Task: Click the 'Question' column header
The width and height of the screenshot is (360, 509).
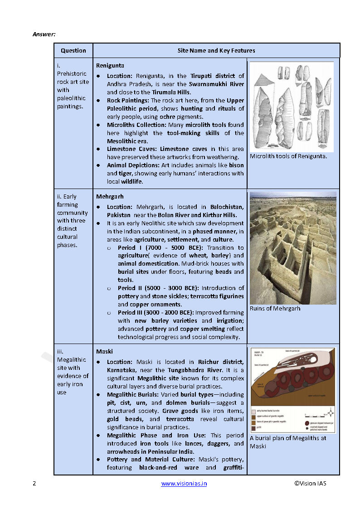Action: [73, 50]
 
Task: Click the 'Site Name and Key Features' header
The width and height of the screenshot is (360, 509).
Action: [216, 50]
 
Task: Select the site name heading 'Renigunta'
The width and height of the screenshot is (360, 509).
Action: [110, 65]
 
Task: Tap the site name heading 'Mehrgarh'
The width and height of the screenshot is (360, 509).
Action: [110, 197]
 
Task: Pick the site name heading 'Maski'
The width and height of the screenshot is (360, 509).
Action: [104, 351]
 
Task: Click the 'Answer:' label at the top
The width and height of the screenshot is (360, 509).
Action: [44, 34]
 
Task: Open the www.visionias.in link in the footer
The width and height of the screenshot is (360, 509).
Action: [184, 483]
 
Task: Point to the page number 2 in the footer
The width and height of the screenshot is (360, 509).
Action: [34, 483]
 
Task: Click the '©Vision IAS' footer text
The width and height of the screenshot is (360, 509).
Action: [310, 483]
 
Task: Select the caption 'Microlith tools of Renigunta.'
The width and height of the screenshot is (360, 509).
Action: [288, 156]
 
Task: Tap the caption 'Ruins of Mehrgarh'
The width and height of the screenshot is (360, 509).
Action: [275, 309]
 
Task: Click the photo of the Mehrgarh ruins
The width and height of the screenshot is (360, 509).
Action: [293, 248]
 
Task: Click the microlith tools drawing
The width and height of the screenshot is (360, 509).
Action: [292, 107]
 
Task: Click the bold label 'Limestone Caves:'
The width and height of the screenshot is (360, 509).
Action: [128, 149]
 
